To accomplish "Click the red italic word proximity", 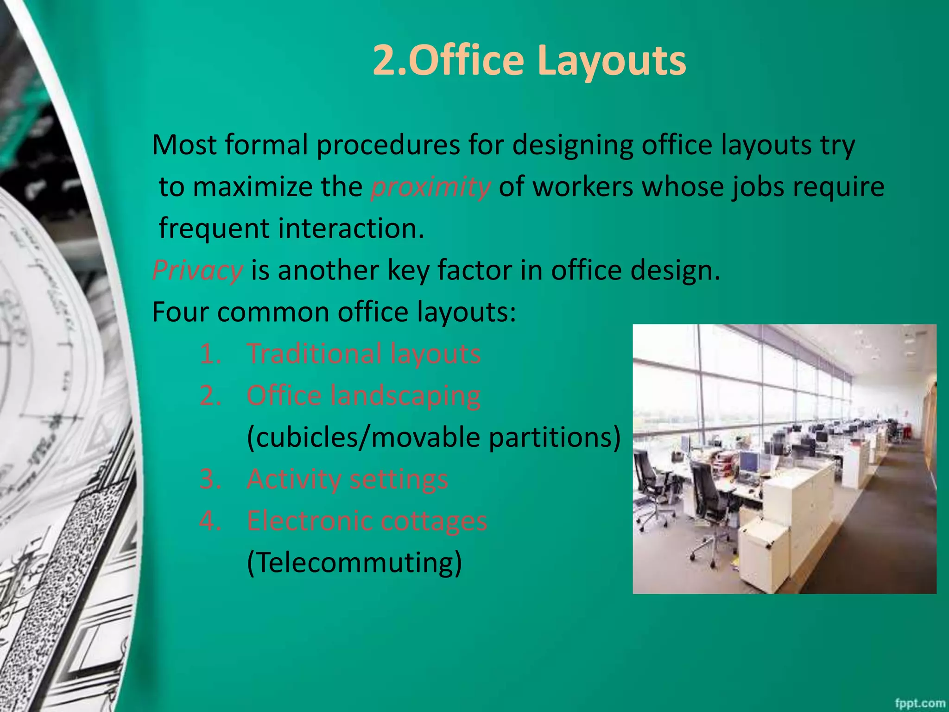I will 430,187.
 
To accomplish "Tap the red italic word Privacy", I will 197,270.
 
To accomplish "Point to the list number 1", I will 210,354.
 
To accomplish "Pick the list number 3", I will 210,479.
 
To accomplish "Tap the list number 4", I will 210,521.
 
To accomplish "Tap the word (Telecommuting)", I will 354,563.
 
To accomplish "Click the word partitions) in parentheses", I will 555,437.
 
